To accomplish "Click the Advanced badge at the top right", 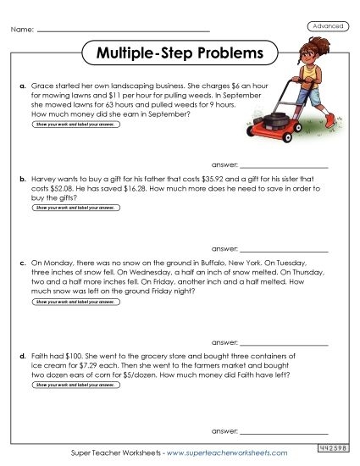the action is pyautogui.click(x=328, y=26).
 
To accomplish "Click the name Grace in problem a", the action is pyautogui.click(x=42, y=86).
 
